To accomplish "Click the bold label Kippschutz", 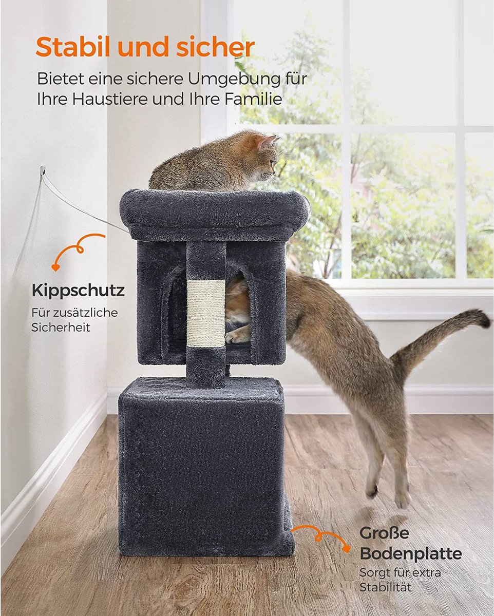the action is click(78, 291).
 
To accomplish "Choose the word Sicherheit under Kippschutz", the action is click(61, 328).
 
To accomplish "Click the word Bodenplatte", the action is click(410, 553).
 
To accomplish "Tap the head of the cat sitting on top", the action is click(267, 160).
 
